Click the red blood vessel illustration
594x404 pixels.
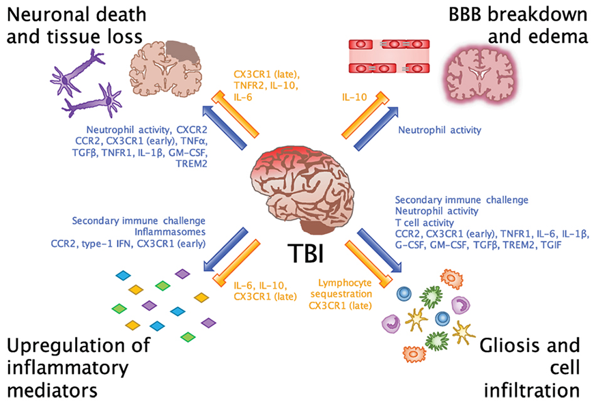pyautogui.click(x=388, y=57)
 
